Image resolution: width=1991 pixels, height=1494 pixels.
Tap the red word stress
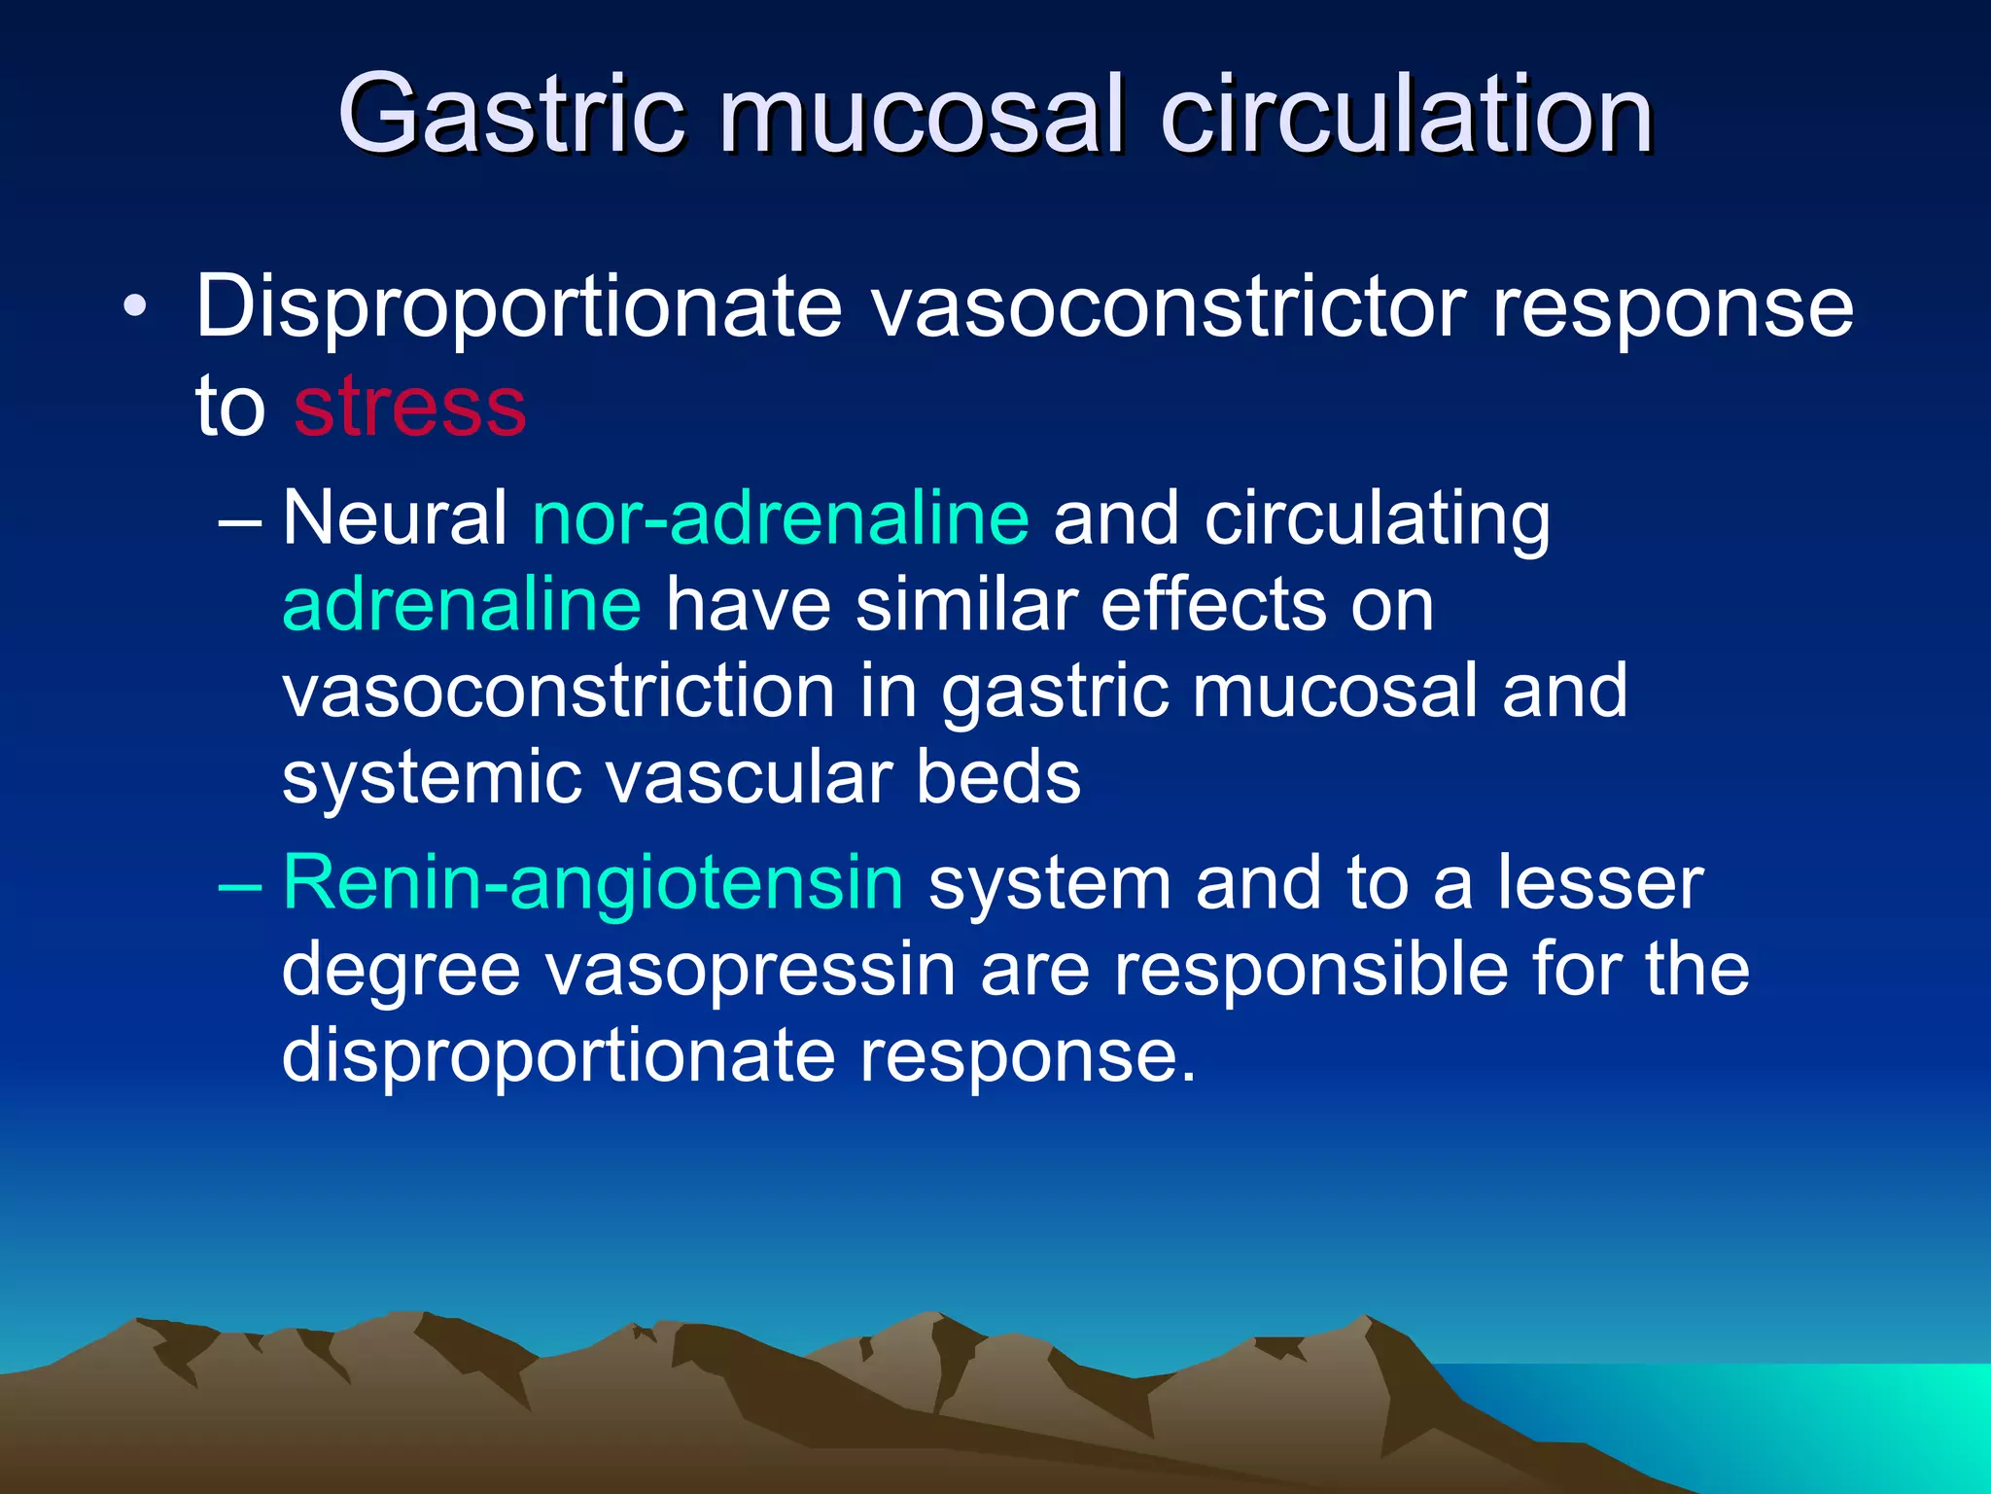click(x=409, y=407)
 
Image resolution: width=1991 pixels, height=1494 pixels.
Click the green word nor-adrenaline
click(x=781, y=517)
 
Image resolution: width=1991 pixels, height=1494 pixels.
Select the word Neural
click(x=395, y=517)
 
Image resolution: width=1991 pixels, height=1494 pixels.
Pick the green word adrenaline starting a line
click(x=462, y=604)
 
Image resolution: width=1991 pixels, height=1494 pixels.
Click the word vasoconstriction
click(x=559, y=691)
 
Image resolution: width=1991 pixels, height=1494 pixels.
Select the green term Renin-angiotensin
click(x=593, y=882)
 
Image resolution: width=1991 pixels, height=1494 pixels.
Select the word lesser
click(x=1599, y=882)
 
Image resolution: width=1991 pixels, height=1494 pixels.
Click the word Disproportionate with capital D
click(x=518, y=309)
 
